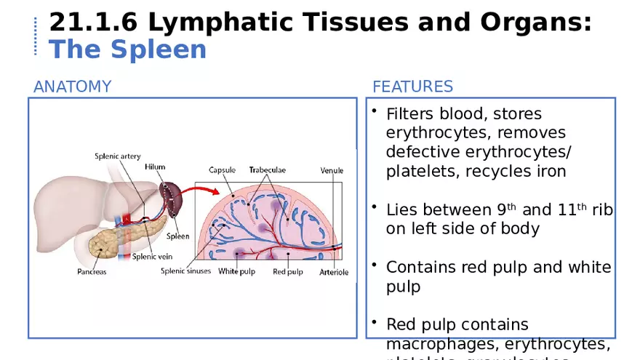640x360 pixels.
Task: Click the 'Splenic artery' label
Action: tap(117, 156)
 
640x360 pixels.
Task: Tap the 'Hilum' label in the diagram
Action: tap(154, 167)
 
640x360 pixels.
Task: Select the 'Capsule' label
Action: tap(222, 170)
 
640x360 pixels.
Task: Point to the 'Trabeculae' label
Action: tap(267, 170)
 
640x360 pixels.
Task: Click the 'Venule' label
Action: tap(332, 171)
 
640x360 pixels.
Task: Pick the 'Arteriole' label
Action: tap(334, 272)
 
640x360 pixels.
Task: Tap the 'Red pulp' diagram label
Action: tap(288, 272)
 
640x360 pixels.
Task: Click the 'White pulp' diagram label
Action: tap(236, 272)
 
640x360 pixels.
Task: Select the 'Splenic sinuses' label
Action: tap(185, 271)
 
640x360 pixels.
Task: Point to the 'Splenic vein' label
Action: tap(152, 256)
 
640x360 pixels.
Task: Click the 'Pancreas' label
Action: tap(92, 272)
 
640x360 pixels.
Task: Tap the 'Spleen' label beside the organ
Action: tap(177, 236)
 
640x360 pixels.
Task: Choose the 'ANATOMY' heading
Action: tap(72, 87)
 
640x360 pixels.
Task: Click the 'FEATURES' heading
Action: tap(412, 87)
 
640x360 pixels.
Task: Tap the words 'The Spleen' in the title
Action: tap(127, 50)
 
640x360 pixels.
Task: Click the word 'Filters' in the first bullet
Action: tap(412, 114)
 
